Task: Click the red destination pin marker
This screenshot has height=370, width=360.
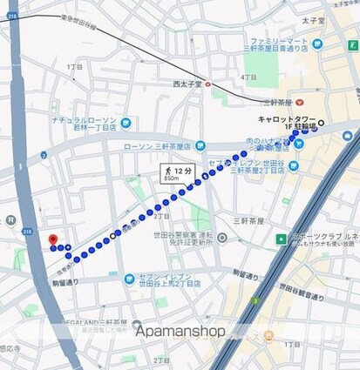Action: point(52,239)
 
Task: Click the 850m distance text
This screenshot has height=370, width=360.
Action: point(173,179)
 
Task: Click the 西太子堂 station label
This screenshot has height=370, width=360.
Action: point(187,84)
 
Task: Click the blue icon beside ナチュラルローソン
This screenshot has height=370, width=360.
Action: point(126,123)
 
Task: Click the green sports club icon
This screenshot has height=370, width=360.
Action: point(282,238)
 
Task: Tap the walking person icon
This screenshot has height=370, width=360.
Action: point(166,171)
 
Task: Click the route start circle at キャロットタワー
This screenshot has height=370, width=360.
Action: point(321,123)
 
